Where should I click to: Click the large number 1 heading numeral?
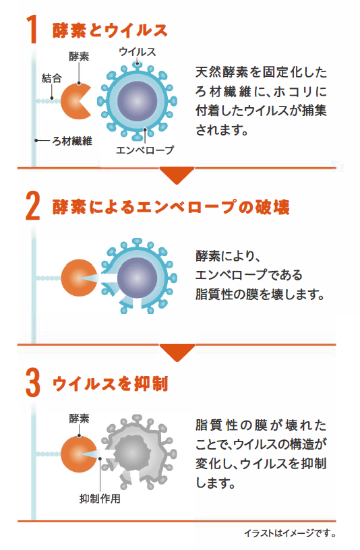click(32, 29)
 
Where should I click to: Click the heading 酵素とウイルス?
click(110, 30)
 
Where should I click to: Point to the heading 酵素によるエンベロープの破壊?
click(171, 207)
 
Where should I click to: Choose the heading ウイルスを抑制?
click(110, 384)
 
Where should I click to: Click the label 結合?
click(52, 78)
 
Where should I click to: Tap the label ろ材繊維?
click(72, 141)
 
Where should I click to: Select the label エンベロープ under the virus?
click(145, 150)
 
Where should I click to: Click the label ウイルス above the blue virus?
click(138, 52)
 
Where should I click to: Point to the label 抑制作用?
click(100, 499)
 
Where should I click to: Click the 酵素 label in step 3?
click(79, 419)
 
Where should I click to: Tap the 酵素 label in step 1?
click(79, 56)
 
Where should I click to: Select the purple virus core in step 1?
click(138, 101)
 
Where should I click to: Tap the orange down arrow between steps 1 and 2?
click(177, 175)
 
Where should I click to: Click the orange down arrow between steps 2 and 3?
click(177, 353)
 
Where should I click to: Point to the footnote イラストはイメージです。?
click(290, 533)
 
